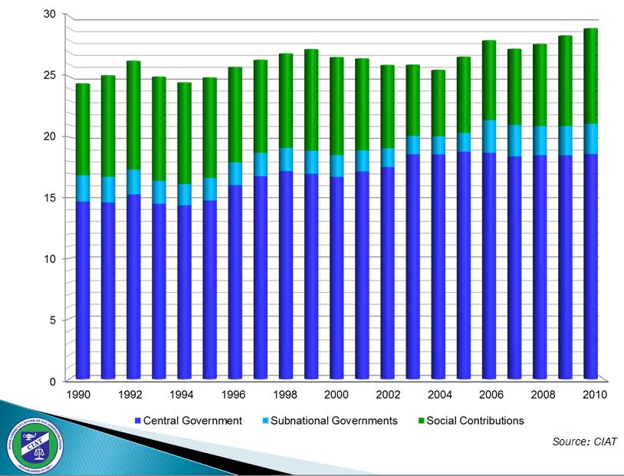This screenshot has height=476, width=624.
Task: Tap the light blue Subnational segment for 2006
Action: click(489, 136)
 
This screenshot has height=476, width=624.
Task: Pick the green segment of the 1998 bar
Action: click(286, 100)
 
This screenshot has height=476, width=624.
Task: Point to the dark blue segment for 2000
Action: click(337, 276)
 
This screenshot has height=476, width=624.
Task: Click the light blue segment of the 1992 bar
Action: click(133, 182)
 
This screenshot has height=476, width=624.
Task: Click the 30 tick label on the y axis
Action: click(50, 15)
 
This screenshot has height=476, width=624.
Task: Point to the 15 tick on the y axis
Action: click(50, 198)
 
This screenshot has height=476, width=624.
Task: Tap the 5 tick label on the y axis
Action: click(53, 320)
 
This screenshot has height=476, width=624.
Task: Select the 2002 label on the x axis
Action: click(387, 395)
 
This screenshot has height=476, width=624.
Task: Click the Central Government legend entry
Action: click(192, 420)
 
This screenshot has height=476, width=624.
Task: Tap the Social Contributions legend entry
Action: click(475, 420)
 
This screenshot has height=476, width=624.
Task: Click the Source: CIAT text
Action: click(584, 442)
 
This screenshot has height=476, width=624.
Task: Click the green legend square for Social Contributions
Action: click(421, 421)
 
